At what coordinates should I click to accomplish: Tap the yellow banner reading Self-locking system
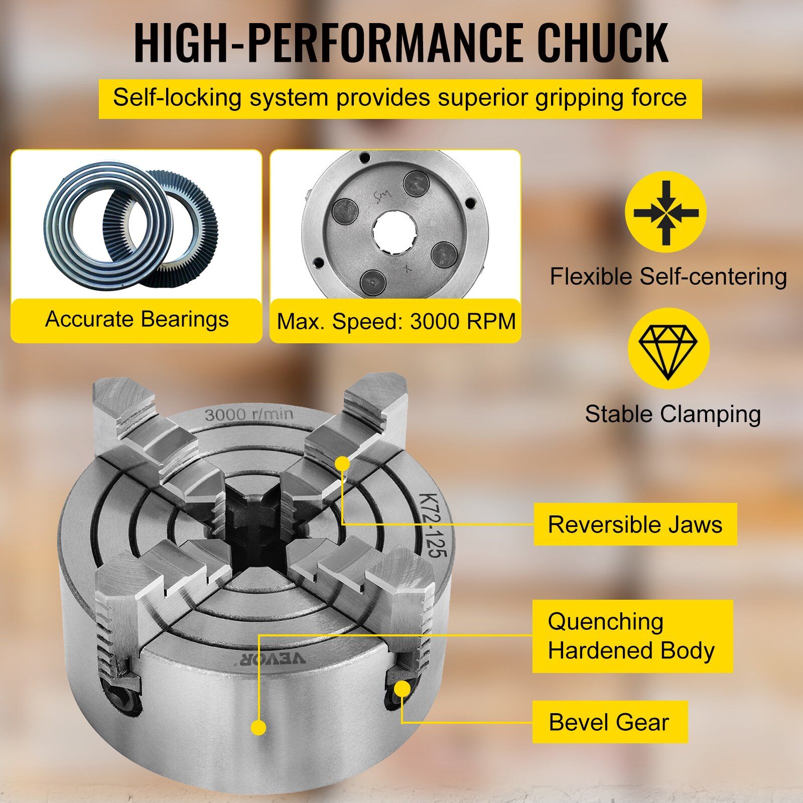[400, 99]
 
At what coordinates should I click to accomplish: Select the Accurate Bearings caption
[137, 319]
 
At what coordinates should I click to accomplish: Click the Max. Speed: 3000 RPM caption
[396, 321]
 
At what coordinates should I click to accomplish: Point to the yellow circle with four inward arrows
[665, 212]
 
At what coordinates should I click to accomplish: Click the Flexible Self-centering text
[668, 277]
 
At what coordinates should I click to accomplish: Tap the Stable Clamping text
[673, 415]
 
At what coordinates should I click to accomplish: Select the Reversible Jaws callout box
[635, 524]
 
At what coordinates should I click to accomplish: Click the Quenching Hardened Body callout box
[632, 636]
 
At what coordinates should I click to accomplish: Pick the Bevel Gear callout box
[610, 722]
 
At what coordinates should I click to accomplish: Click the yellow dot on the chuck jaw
[343, 463]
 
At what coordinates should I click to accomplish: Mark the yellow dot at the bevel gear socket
[401, 689]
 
